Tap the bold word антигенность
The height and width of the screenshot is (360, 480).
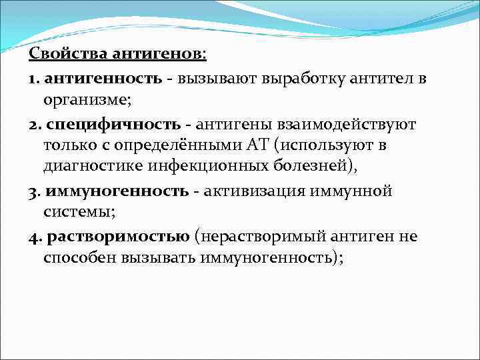coord(104,79)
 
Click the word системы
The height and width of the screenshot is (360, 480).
coord(74,213)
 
